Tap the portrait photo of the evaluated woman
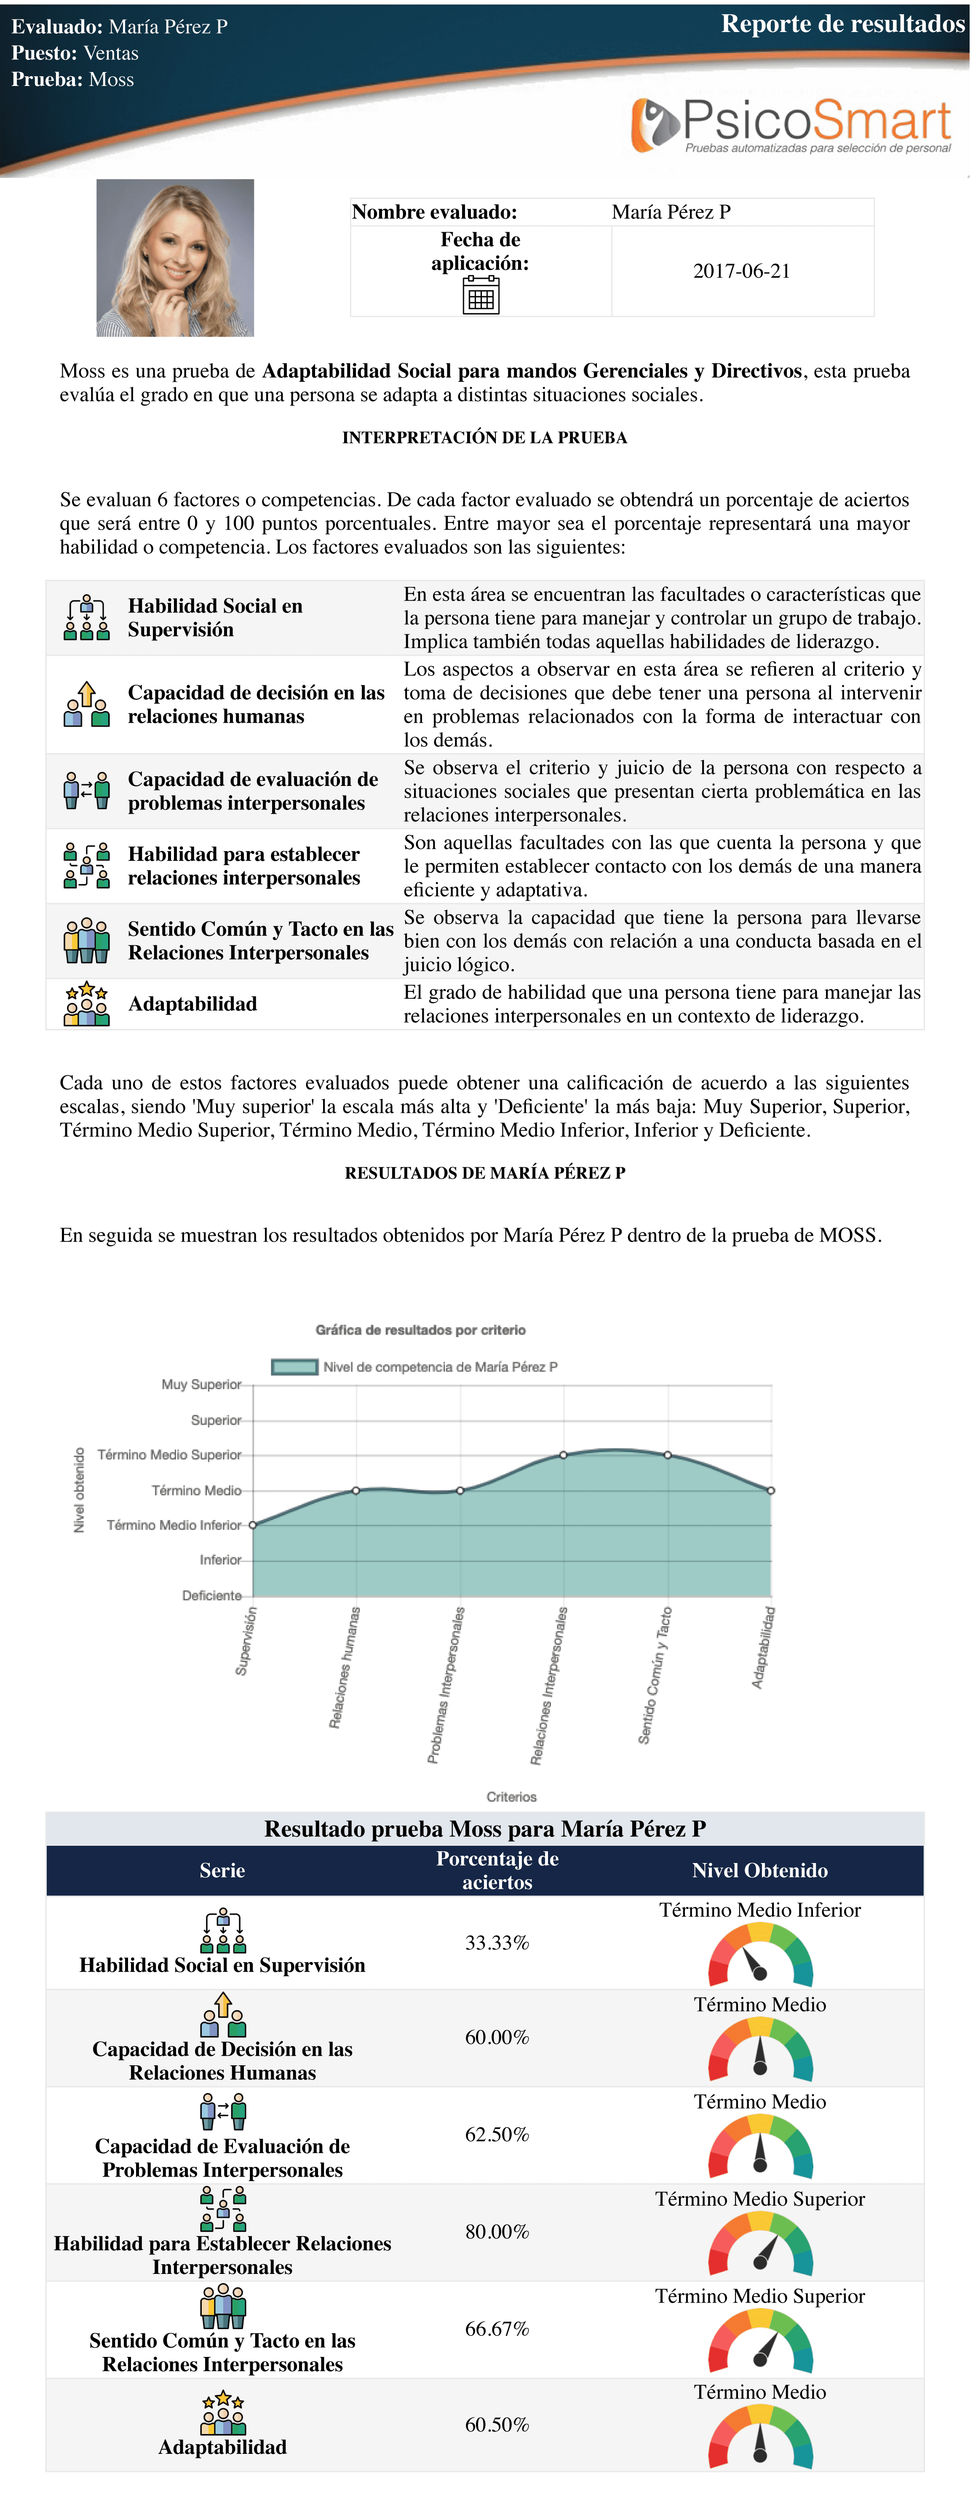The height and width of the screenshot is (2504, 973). [x=175, y=257]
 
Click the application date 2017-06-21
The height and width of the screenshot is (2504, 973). [x=742, y=271]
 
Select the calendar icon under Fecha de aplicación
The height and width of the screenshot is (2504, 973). [x=480, y=295]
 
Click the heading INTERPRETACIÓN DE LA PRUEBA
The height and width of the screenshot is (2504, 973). [x=484, y=437]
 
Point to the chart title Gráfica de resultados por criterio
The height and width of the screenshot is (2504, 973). [x=420, y=1330]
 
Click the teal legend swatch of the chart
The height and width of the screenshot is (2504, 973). [x=294, y=1367]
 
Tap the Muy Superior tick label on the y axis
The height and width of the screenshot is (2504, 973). [x=201, y=1384]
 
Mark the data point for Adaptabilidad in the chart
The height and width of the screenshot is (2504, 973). [x=771, y=1490]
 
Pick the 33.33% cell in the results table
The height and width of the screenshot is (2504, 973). [x=497, y=1942]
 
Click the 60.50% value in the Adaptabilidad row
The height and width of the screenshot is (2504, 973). [x=497, y=2424]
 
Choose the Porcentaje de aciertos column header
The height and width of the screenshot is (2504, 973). [x=497, y=1870]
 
